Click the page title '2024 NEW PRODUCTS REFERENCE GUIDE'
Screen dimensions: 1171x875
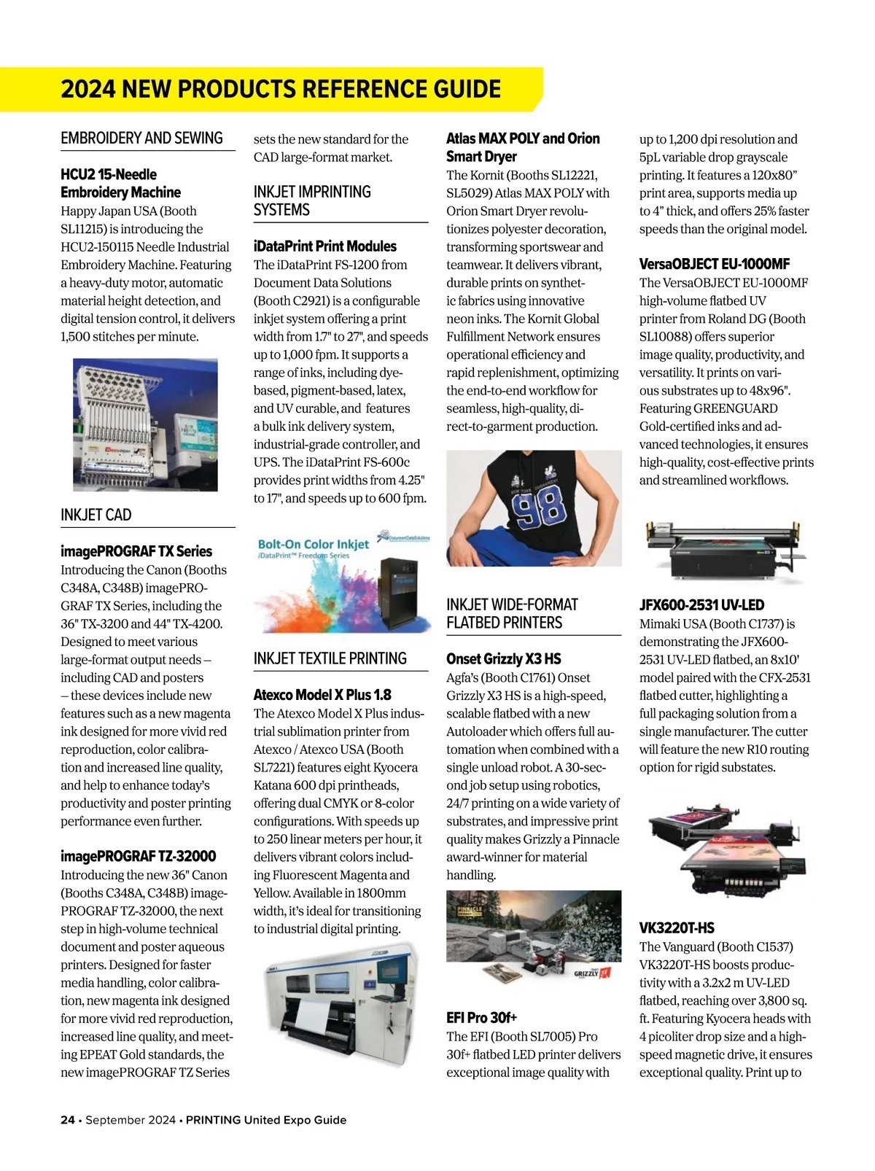pyautogui.click(x=281, y=90)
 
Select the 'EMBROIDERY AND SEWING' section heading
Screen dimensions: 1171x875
pyautogui.click(x=141, y=138)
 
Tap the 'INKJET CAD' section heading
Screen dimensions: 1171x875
pyautogui.click(x=96, y=515)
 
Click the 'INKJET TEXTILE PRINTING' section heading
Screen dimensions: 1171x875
pyautogui.click(x=330, y=658)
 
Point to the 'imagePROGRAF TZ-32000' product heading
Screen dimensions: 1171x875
pyautogui.click(x=138, y=856)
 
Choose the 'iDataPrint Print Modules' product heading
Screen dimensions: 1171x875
pyautogui.click(x=324, y=246)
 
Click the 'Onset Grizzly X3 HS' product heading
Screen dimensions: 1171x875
pyautogui.click(x=503, y=659)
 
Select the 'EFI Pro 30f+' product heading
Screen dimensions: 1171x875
pyautogui.click(x=481, y=1017)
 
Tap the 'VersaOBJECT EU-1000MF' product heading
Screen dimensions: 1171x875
pyautogui.click(x=714, y=264)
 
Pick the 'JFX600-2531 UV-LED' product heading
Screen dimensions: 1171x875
pyautogui.click(x=701, y=605)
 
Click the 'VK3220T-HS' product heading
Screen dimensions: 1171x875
pyautogui.click(x=677, y=928)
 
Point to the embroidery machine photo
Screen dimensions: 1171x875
pyautogui.click(x=145, y=424)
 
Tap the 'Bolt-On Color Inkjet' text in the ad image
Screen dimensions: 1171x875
pyautogui.click(x=314, y=544)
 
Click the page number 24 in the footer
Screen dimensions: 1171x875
pyautogui.click(x=67, y=1120)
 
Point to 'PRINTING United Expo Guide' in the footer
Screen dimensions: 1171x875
pyautogui.click(x=265, y=1120)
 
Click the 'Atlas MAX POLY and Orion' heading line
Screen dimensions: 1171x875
pyautogui.click(x=523, y=139)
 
